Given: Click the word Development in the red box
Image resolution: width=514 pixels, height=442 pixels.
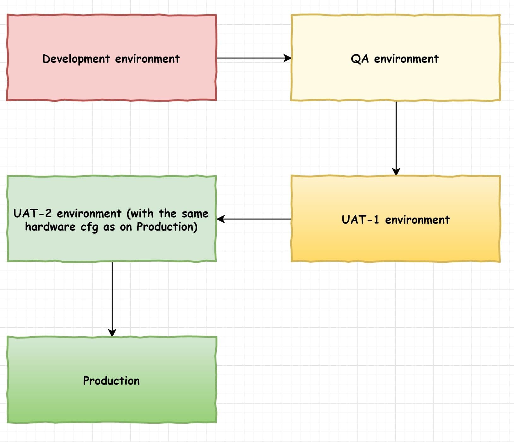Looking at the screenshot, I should click(x=76, y=59).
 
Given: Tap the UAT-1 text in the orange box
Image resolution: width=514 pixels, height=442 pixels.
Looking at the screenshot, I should click(x=360, y=220).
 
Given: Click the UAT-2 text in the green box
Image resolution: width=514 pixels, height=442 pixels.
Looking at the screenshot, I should click(x=32, y=214).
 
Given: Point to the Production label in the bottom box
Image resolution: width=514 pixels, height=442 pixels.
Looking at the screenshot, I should click(x=111, y=381).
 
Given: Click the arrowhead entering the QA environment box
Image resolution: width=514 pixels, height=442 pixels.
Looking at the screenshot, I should click(x=287, y=58).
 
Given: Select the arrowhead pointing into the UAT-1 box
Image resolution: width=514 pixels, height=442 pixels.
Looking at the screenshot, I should click(x=396, y=171).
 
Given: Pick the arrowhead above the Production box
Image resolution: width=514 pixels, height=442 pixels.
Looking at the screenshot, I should click(x=112, y=332).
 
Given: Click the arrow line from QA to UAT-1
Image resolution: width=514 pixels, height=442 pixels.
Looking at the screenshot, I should click(x=396, y=136).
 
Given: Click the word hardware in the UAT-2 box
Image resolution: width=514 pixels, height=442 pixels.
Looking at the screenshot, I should click(x=50, y=227).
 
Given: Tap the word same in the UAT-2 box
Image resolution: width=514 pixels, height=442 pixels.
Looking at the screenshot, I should click(x=195, y=214).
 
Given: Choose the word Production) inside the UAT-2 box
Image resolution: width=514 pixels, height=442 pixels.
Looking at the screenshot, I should click(x=167, y=227).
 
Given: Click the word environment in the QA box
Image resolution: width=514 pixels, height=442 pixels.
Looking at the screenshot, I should click(x=406, y=59).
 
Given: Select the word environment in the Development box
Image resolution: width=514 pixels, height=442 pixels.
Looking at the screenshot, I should click(x=147, y=59).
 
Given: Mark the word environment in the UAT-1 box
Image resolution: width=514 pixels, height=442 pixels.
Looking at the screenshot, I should click(x=417, y=220).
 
